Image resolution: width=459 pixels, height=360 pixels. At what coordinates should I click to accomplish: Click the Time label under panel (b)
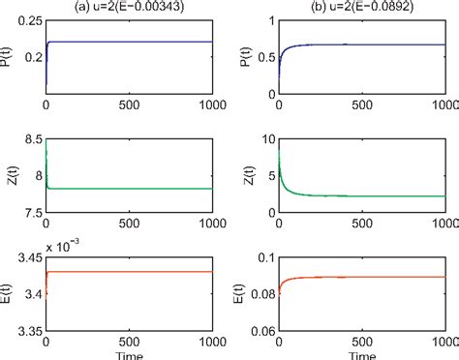[x=360, y=352]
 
